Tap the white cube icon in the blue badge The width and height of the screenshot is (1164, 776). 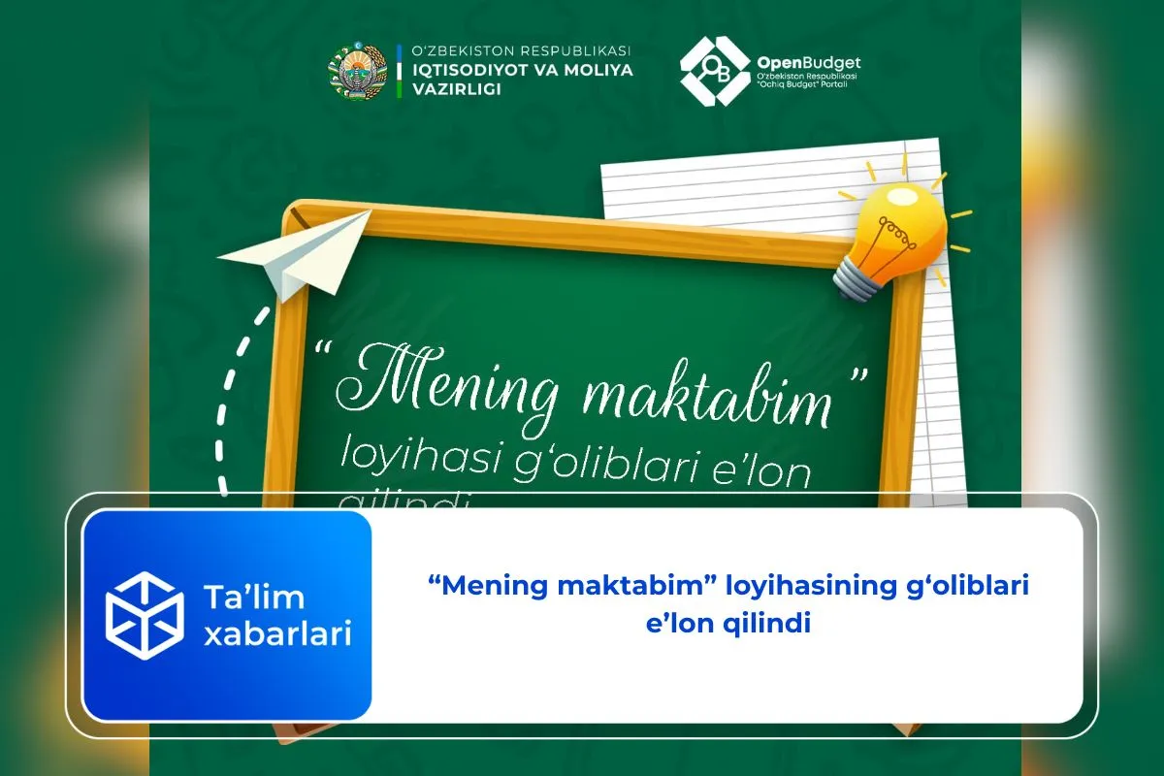point(145,616)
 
